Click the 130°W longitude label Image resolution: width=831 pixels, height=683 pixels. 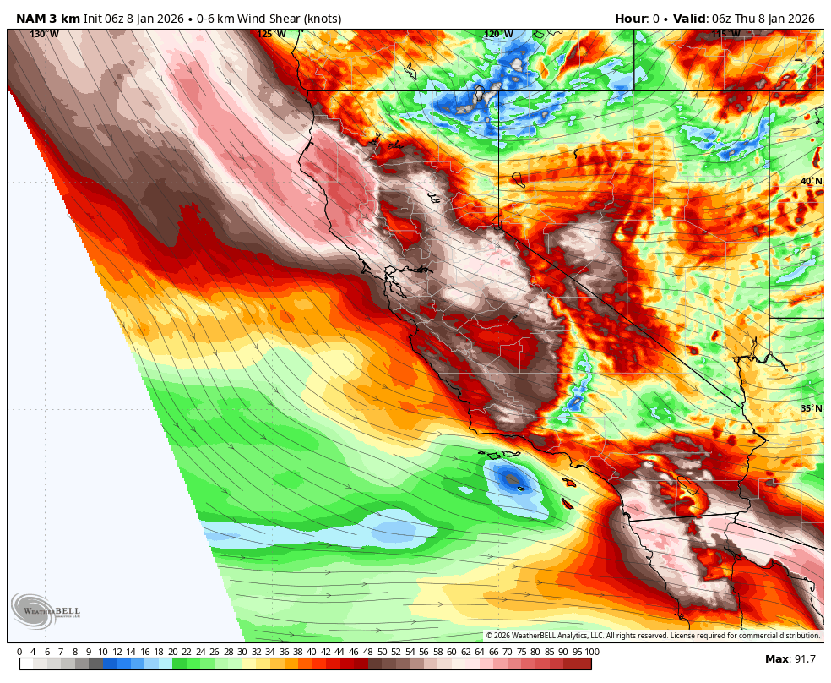pos(44,34)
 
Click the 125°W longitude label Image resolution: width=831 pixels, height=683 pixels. pos(271,34)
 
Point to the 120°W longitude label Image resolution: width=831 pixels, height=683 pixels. pos(497,34)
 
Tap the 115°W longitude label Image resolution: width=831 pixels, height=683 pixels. pos(725,34)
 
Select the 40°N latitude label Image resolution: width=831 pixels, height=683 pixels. pos(811,182)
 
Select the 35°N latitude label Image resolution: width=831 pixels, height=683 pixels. pos(811,408)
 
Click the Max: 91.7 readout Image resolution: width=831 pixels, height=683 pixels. pos(790,658)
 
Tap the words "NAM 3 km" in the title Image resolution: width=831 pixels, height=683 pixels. pos(48,19)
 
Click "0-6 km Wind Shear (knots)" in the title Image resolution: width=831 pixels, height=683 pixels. pos(269,19)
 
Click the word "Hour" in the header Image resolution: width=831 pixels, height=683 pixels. pos(630,19)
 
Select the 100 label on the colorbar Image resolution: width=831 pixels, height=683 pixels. pos(592,652)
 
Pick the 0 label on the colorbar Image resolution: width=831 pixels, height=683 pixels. pos(19,652)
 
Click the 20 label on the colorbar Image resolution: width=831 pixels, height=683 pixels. pos(173,652)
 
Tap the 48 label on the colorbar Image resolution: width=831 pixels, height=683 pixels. pos(368,652)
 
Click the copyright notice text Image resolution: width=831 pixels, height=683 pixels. pos(653,636)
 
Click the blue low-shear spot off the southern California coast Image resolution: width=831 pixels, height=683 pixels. pos(512,479)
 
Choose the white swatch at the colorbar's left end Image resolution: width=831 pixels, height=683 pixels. pos(26,664)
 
